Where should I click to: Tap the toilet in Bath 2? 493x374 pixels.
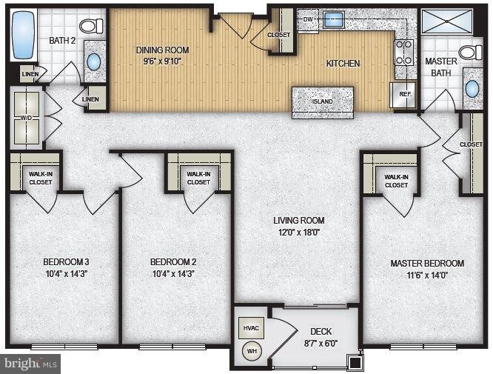coord(91,26)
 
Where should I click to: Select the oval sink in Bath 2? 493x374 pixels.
coord(94,61)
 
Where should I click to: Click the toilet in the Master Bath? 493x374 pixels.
coord(469,52)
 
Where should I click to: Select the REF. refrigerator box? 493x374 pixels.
coord(405,95)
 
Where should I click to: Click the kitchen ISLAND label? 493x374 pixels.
coord(322,101)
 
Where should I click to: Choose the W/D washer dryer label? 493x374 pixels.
coord(26,117)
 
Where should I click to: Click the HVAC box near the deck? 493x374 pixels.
coord(249,328)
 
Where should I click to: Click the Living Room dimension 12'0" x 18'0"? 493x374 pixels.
coord(298,231)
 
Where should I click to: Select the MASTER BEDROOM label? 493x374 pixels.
coord(427,264)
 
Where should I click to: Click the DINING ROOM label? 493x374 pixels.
coord(162,50)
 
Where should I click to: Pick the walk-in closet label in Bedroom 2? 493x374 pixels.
coord(198,177)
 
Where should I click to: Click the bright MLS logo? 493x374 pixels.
coord(31,364)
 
